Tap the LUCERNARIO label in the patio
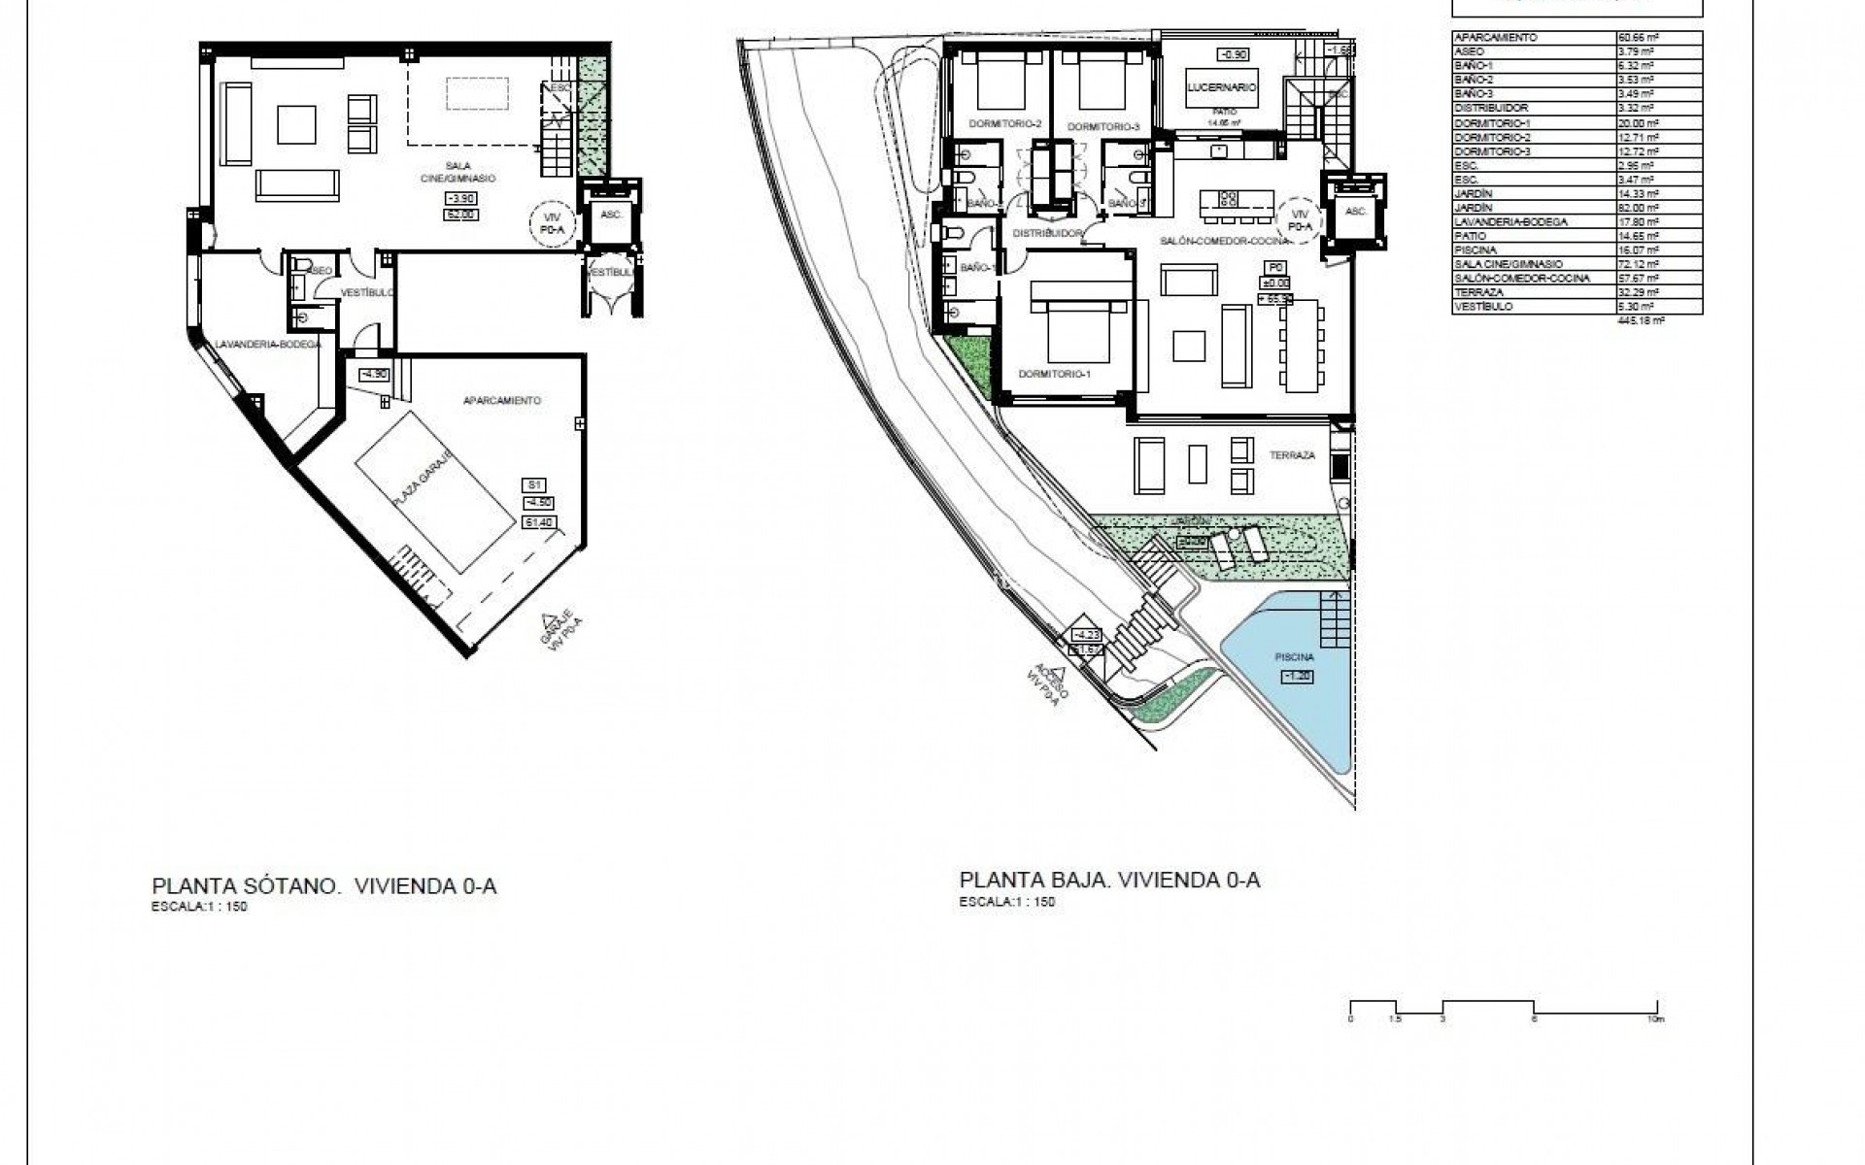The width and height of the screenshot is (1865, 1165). pos(1222,87)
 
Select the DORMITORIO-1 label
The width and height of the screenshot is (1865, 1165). pos(1055,374)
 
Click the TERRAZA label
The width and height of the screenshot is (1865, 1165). pos(1292,455)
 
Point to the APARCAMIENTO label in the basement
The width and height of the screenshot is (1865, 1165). pos(502,400)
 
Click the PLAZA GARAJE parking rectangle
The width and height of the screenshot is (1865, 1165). pos(434,491)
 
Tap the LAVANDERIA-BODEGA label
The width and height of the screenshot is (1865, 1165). pos(268,344)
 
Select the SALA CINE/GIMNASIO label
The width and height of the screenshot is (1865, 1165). pos(464,172)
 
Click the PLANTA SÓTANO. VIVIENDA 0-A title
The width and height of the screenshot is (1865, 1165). pos(324,885)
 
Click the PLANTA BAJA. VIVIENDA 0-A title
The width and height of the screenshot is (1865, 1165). pos(1109,881)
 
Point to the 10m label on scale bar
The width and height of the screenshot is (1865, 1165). pos(1655,1019)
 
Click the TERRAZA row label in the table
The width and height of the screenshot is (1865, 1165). pos(1478,291)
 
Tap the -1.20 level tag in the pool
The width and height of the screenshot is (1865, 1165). pos(1298,677)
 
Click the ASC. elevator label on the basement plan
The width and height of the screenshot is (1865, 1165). pos(611,215)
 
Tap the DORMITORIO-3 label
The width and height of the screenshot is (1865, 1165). pos(1102,127)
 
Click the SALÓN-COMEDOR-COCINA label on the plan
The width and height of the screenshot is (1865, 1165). pos(1224,240)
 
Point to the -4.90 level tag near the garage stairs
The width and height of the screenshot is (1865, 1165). pos(374,374)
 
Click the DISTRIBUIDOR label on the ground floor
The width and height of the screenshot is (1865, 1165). pos(1047,234)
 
